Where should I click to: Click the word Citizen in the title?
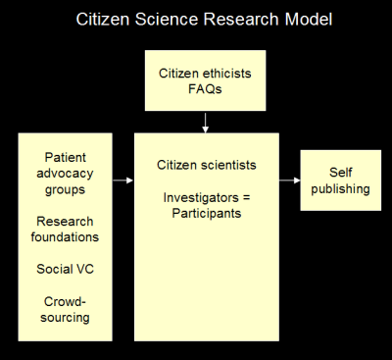[103, 19]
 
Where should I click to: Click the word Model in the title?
[309, 19]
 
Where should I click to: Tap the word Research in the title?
[242, 19]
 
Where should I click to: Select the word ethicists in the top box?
[227, 74]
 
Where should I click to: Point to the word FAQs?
[205, 89]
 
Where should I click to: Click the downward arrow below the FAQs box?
[205, 123]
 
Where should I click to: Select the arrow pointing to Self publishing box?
[290, 180]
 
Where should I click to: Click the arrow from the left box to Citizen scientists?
[123, 180]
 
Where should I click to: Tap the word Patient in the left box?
[66, 157]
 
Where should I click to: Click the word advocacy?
[65, 174]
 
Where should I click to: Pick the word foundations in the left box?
[65, 237]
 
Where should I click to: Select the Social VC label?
[66, 269]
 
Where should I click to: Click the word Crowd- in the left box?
[65, 301]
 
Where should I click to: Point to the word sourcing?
[65, 318]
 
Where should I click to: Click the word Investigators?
[201, 198]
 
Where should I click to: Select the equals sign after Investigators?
[246, 198]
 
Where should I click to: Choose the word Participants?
[207, 214]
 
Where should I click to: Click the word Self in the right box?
[341, 173]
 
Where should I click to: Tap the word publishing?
[340, 189]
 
